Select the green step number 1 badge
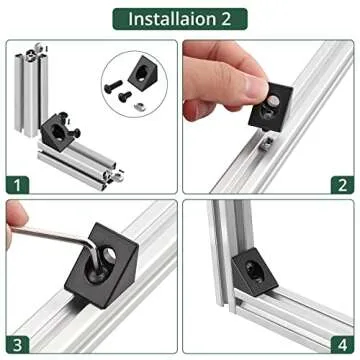[20, 183]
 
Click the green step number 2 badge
[341, 183]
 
